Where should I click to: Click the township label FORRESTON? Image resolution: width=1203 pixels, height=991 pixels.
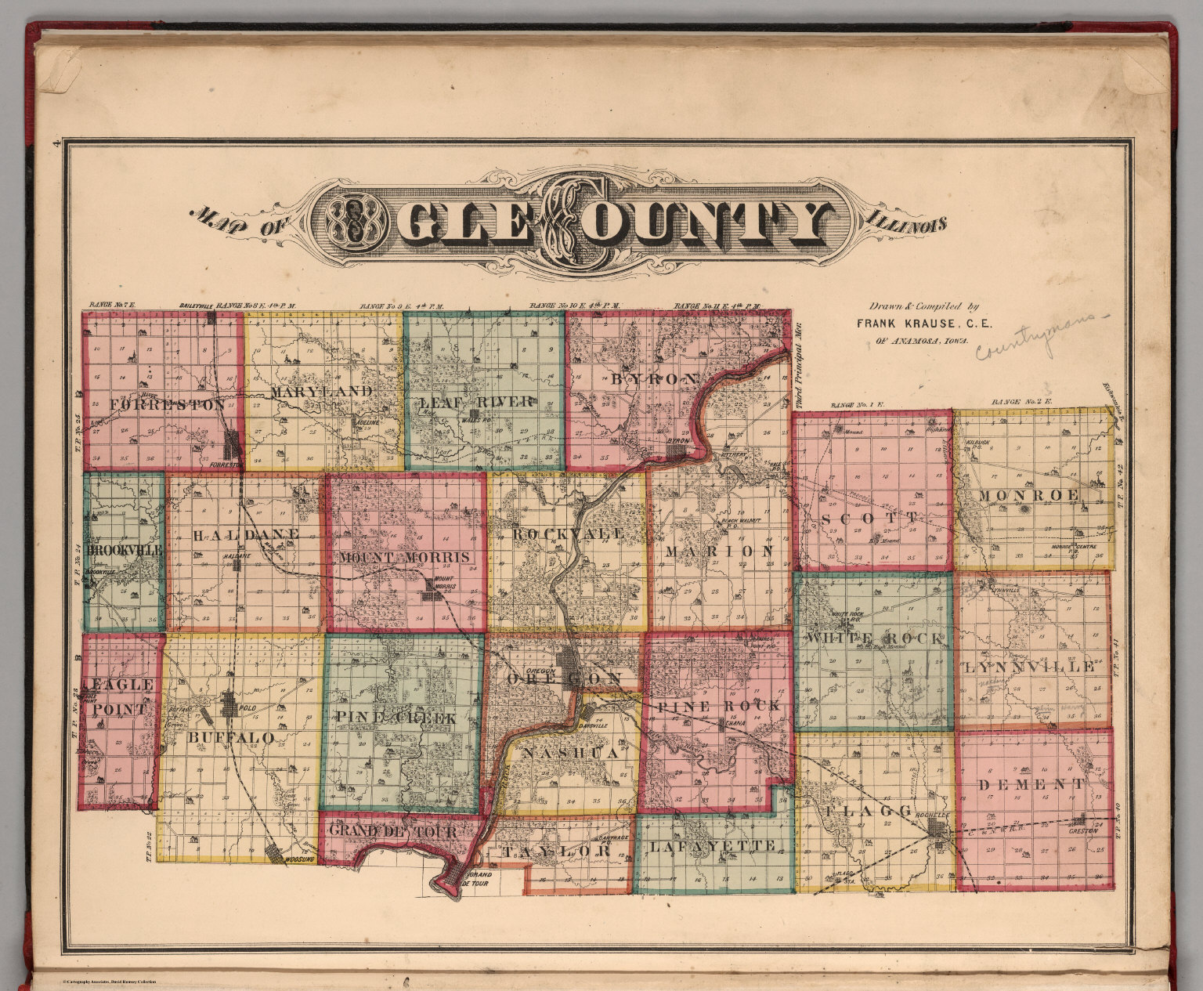click(x=168, y=405)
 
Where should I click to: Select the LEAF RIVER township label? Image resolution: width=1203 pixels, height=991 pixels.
click(x=477, y=403)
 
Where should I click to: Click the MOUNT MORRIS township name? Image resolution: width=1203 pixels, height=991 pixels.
click(x=405, y=557)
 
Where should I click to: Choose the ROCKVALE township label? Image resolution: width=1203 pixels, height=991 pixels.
click(x=569, y=533)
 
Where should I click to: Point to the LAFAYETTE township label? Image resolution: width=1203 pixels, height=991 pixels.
click(x=713, y=846)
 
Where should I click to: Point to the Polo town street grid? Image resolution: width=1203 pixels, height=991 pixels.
click(x=229, y=703)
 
